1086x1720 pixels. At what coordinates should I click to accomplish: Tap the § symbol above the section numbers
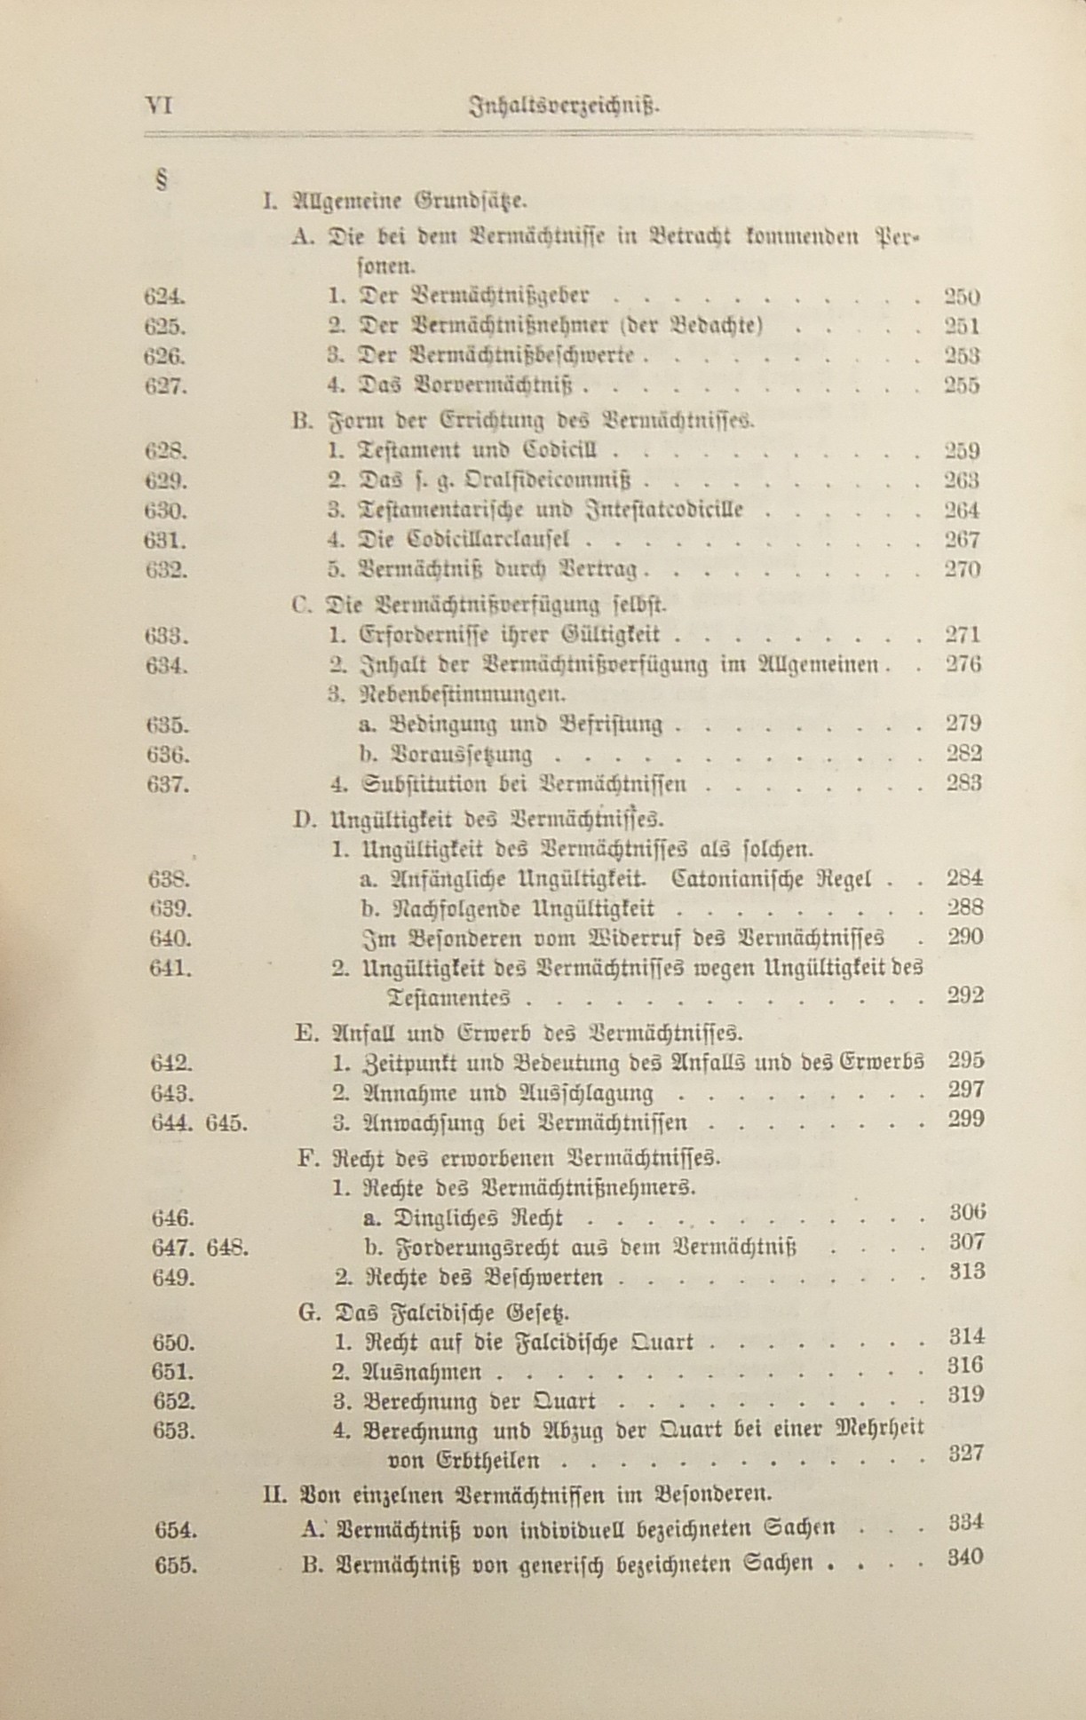point(162,180)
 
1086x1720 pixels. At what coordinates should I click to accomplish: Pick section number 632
point(166,569)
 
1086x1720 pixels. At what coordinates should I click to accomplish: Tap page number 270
point(962,569)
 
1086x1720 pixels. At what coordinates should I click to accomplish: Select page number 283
point(963,783)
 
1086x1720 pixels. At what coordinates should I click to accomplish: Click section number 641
point(170,968)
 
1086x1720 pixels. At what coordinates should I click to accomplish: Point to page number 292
point(965,995)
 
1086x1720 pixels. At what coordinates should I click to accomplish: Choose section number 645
point(226,1122)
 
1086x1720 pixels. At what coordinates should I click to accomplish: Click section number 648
point(227,1248)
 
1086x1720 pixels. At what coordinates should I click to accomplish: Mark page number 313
point(966,1272)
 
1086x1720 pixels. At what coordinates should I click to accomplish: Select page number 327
point(966,1453)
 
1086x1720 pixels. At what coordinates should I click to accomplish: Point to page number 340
point(965,1557)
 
